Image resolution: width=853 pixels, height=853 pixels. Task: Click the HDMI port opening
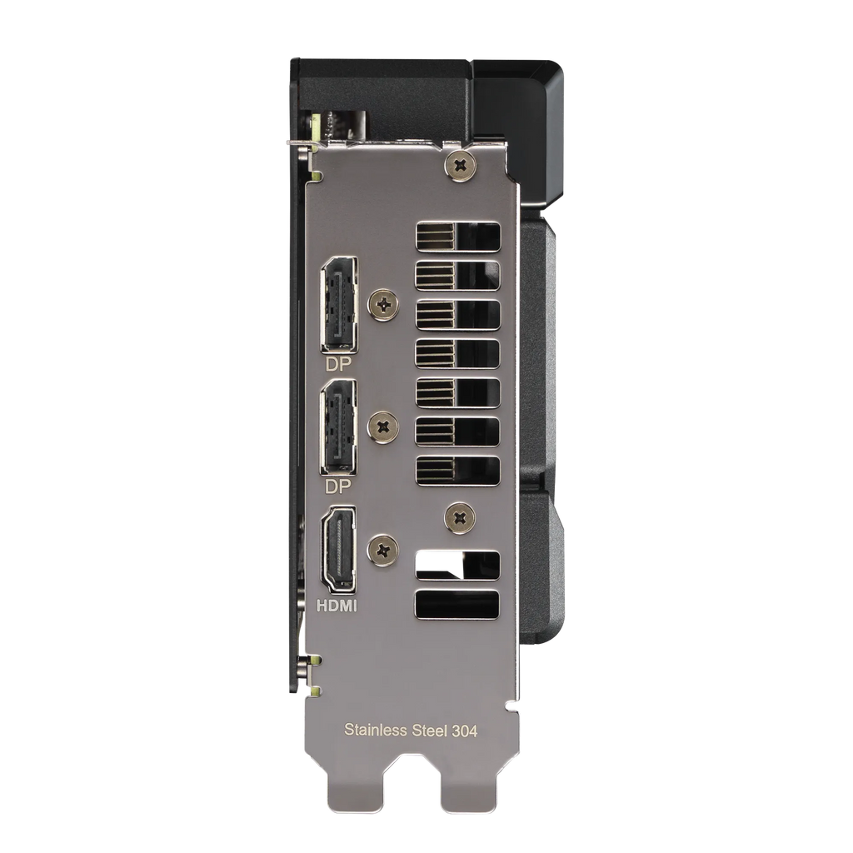[339, 550]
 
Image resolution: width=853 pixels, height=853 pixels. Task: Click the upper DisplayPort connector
[339, 305]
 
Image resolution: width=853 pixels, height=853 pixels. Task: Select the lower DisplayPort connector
[339, 427]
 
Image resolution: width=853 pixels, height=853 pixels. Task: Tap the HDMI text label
[337, 606]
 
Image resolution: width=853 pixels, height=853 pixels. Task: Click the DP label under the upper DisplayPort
[338, 364]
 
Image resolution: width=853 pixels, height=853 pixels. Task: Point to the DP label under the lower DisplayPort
[338, 486]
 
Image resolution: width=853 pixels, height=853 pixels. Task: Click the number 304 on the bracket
[465, 731]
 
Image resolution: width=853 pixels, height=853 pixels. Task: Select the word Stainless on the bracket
[376, 730]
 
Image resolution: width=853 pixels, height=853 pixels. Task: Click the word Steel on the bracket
[430, 730]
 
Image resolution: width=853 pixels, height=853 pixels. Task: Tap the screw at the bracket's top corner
[460, 166]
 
